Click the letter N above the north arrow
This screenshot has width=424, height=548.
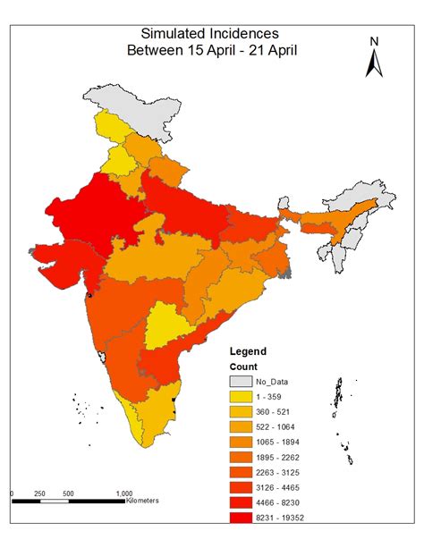[x=375, y=41]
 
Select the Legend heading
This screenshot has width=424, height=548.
[x=248, y=351]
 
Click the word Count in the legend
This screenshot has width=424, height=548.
[x=243, y=367]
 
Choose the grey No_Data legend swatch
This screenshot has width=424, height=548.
[x=243, y=383]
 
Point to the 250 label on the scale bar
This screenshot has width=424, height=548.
[x=40, y=493]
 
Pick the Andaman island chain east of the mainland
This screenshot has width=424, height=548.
[x=339, y=398]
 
